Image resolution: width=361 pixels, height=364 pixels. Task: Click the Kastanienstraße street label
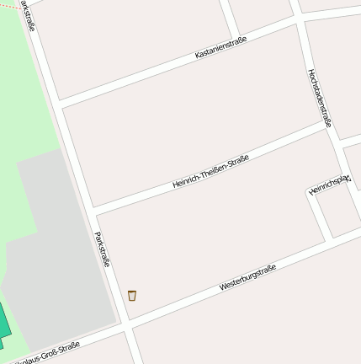pos(220,47)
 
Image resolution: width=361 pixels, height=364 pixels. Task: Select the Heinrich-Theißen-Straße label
pos(210,171)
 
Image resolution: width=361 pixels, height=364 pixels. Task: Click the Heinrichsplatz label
pos(329,185)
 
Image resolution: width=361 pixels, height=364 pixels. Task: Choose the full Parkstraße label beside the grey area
pos(103,249)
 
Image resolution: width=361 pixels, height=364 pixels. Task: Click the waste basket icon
pos(132,295)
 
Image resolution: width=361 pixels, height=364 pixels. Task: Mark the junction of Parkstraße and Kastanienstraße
pos(61,104)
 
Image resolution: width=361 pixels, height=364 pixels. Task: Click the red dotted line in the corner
pos(8,5)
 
